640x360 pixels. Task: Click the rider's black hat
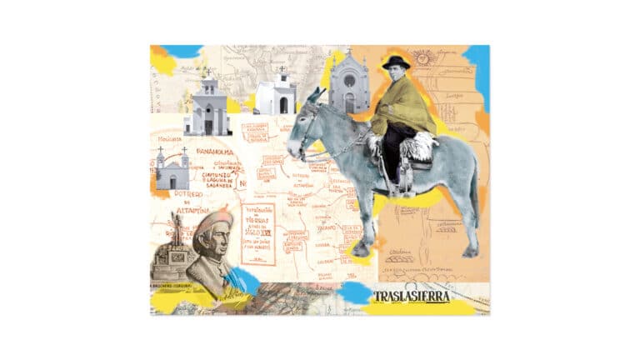[x=396, y=62]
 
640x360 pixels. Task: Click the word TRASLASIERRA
[x=412, y=297]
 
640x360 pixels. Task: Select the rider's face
[x=395, y=77]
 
